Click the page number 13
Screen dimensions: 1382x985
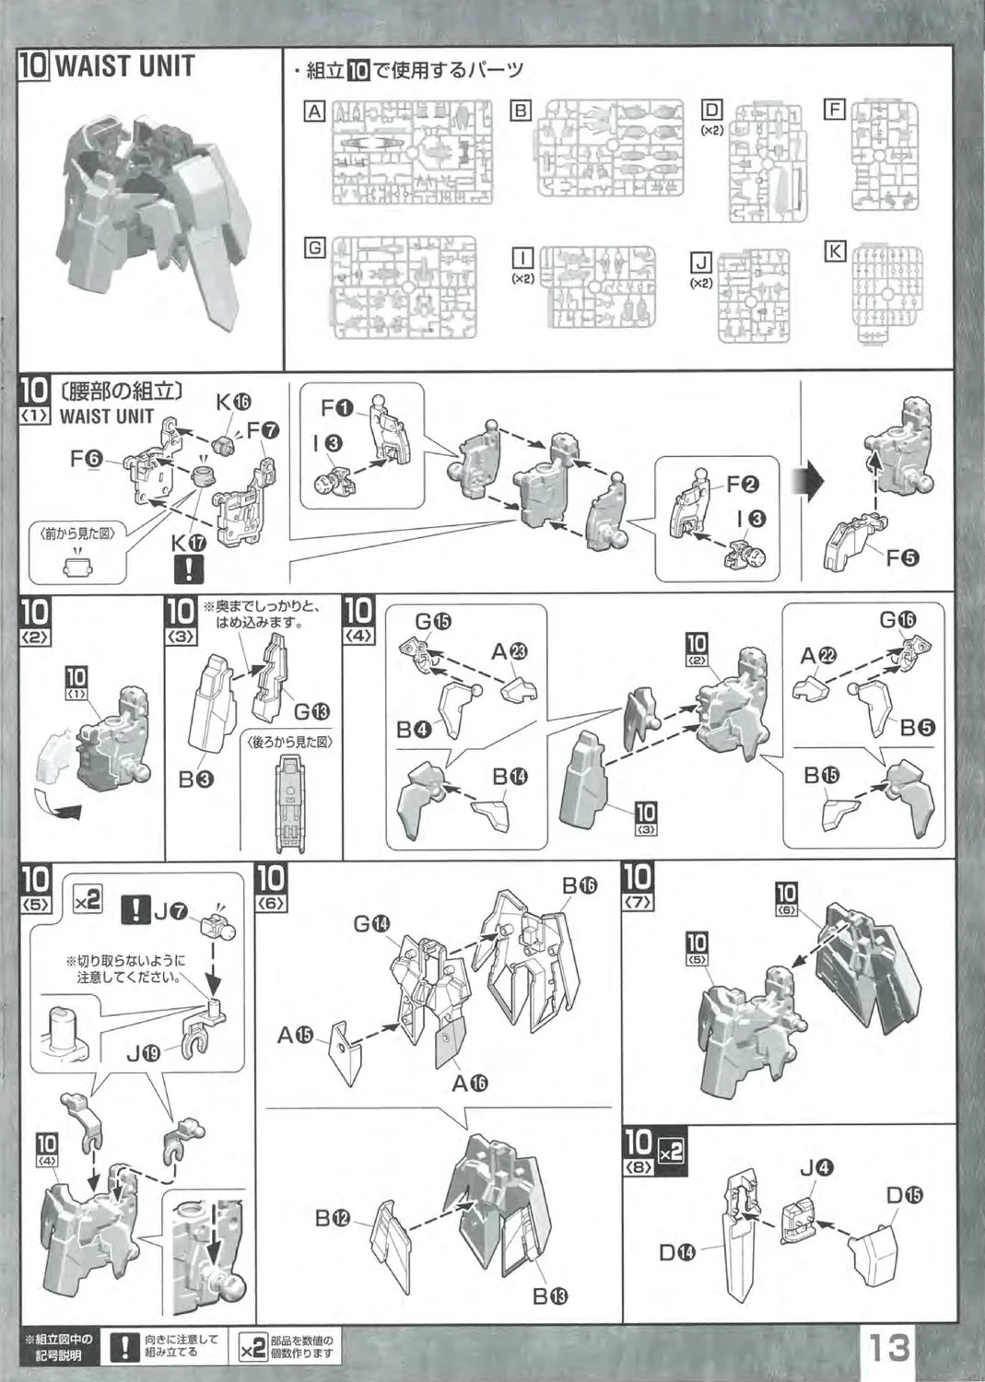(x=887, y=1347)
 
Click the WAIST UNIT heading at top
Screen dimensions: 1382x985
(x=124, y=66)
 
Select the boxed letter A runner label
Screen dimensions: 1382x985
(x=315, y=111)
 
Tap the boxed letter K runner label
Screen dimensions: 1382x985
(x=835, y=251)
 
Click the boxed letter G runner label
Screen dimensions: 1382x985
(x=315, y=247)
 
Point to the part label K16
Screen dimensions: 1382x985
(x=233, y=402)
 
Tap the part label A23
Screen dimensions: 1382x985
(x=509, y=652)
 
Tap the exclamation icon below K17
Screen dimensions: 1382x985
(x=189, y=569)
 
